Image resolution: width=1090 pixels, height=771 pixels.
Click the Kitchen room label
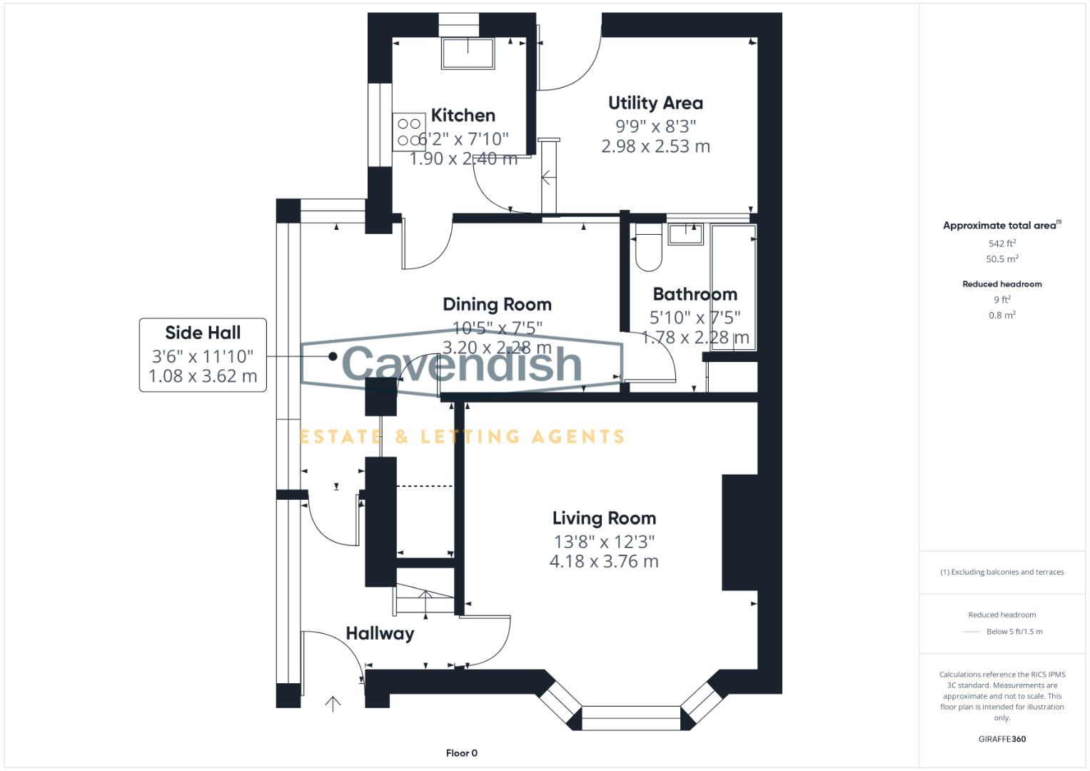pos(463,115)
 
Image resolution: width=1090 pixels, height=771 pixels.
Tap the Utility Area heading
pos(655,103)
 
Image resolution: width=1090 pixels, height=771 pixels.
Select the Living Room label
pos(604,518)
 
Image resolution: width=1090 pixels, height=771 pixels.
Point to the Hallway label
pos(380,633)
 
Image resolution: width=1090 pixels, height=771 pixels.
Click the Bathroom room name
pos(695,294)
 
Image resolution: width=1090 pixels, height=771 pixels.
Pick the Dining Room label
pos(497,304)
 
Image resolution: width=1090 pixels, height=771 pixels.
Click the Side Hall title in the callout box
pos(203,333)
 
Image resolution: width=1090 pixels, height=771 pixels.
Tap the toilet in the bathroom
pos(648,250)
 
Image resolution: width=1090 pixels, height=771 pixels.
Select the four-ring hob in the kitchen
pos(409,132)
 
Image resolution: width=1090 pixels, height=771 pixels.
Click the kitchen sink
pos(468,53)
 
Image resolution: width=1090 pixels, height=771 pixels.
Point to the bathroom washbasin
pos(685,233)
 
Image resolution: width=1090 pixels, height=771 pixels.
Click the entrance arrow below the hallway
pos(333,704)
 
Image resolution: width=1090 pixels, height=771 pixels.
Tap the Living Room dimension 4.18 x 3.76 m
pos(604,562)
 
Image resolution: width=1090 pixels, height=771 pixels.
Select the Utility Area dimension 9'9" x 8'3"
pos(655,126)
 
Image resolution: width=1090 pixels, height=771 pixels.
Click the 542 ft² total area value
pos(1001,243)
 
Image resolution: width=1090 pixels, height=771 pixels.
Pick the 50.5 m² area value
pos(1001,259)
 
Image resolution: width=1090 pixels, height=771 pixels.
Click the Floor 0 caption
pos(461,753)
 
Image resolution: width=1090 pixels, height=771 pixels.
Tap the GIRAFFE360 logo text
pos(1001,739)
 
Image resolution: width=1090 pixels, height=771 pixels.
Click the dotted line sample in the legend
pos(972,632)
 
